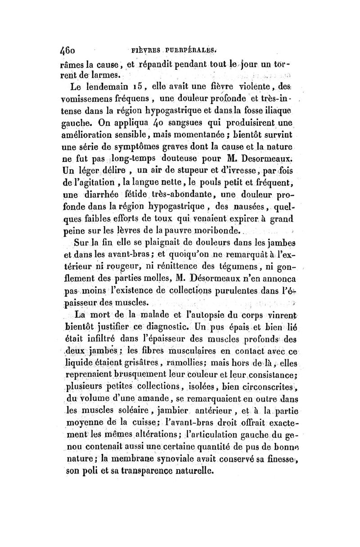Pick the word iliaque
[286, 110]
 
